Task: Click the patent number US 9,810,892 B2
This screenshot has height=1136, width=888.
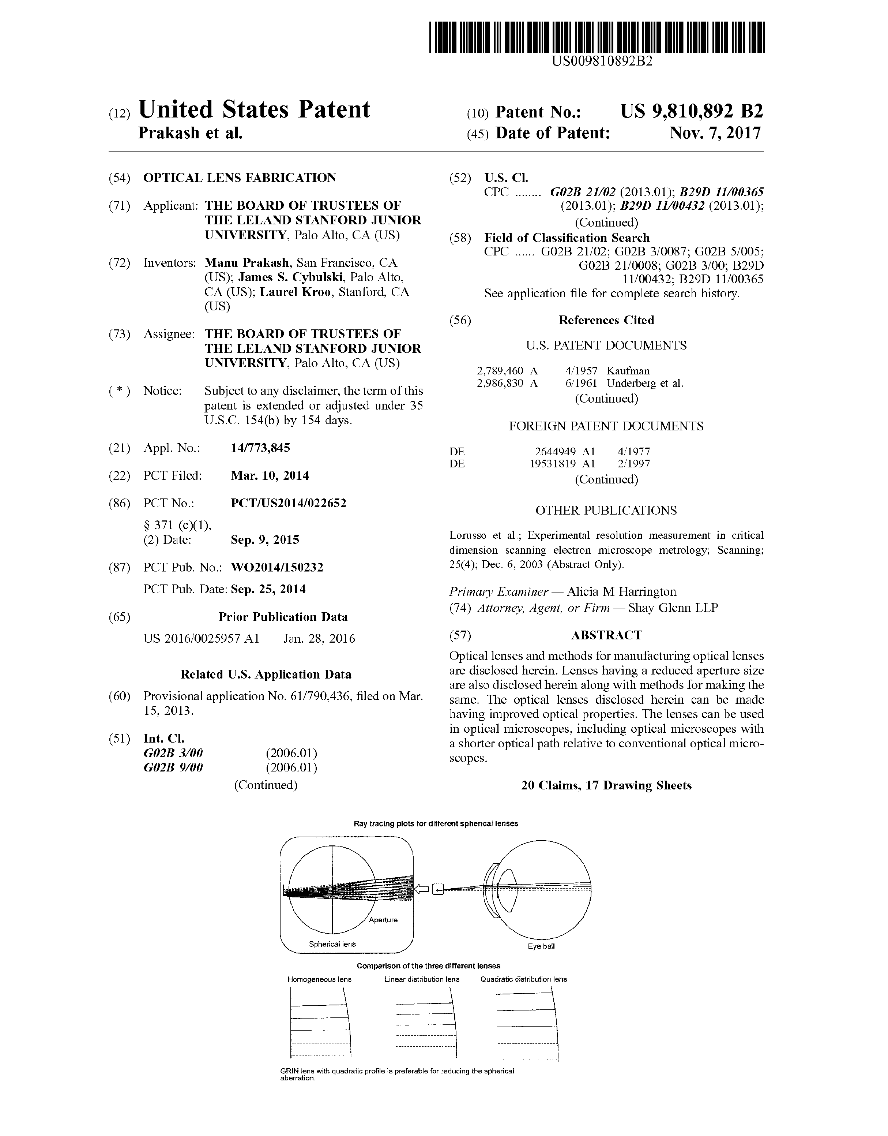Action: (692, 112)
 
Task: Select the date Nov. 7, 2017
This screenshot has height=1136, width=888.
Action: (715, 133)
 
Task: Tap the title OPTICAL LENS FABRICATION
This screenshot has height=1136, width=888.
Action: (240, 178)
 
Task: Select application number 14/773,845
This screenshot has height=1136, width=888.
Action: (260, 448)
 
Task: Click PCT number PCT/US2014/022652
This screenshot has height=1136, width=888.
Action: (288, 503)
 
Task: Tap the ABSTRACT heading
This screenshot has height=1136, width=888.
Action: (606, 635)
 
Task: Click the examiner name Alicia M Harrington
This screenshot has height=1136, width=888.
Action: (621, 592)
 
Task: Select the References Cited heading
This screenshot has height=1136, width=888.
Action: (606, 320)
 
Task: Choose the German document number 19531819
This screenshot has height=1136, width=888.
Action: (552, 464)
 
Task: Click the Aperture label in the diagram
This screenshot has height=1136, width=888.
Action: (383, 920)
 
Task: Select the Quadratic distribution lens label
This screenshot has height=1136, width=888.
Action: (523, 979)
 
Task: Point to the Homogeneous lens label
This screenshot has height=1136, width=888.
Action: (319, 979)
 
